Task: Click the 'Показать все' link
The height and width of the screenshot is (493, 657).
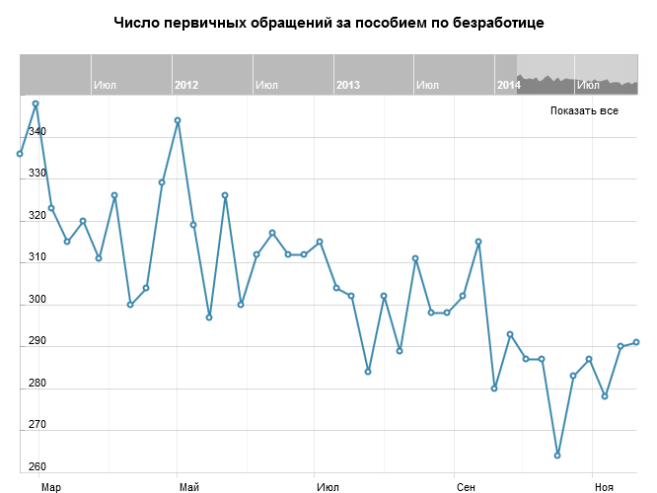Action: (x=584, y=110)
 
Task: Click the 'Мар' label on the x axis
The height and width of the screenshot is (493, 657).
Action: (x=51, y=487)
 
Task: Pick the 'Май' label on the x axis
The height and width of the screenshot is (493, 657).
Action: (x=189, y=487)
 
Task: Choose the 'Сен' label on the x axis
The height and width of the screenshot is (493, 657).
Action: (x=467, y=487)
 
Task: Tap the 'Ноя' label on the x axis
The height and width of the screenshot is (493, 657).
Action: (x=605, y=487)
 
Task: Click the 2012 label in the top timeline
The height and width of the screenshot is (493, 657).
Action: (x=185, y=86)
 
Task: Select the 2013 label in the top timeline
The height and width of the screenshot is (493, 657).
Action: (x=347, y=86)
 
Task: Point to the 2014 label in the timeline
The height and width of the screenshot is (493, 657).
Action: (x=508, y=86)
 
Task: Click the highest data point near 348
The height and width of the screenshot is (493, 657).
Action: (x=36, y=104)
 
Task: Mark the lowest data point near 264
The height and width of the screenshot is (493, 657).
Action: (x=557, y=456)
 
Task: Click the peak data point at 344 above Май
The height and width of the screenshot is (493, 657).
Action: (x=178, y=120)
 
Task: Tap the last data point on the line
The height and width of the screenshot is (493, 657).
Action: (x=636, y=342)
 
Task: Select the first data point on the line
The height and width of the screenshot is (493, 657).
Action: (x=20, y=154)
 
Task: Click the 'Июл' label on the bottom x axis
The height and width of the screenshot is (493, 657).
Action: (x=328, y=487)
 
